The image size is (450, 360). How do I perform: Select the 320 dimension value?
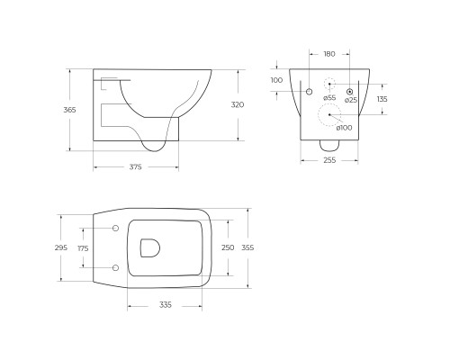tap(238, 104)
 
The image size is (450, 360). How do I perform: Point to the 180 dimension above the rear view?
tap(329, 54)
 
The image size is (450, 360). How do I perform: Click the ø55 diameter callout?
tap(328, 97)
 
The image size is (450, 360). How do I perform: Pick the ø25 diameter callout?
tap(351, 99)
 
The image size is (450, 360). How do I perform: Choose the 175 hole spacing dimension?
tap(83, 248)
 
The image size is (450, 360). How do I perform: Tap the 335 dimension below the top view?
tap(166, 305)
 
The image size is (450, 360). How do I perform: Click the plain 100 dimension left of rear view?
tap(276, 80)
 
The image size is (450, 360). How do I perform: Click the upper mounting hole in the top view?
tap(115, 229)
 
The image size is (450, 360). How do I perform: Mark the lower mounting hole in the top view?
tap(115, 267)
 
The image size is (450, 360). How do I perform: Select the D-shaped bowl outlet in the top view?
tap(149, 248)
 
